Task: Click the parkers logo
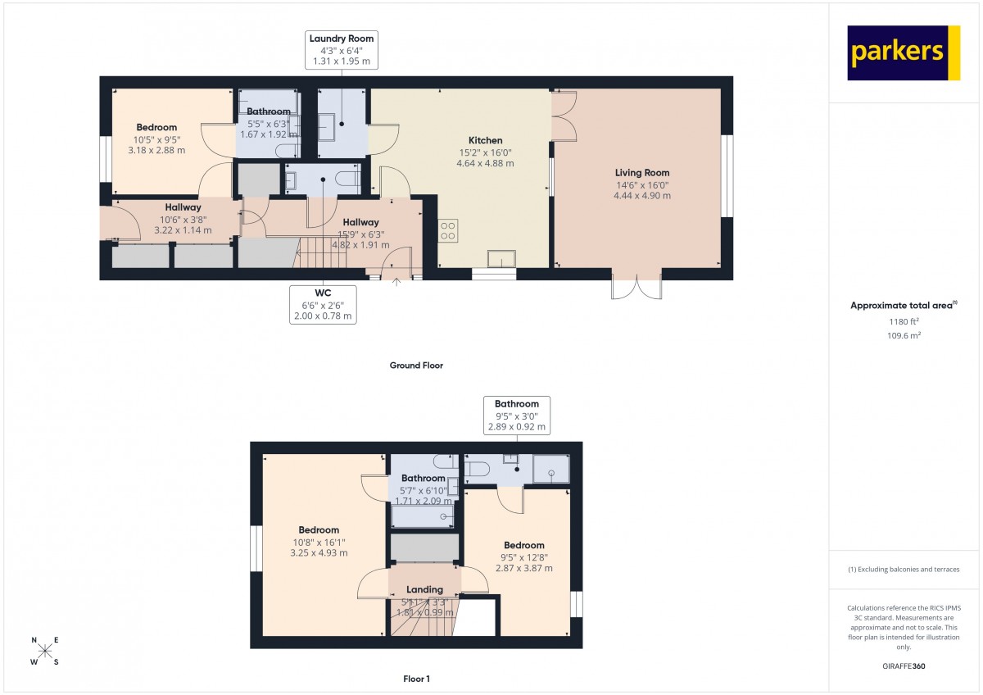pyautogui.click(x=904, y=52)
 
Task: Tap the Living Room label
pyautogui.click(x=642, y=173)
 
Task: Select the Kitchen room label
pyautogui.click(x=485, y=140)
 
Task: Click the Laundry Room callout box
pyautogui.click(x=342, y=50)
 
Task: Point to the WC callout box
pyautogui.click(x=323, y=305)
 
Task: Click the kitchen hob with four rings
pyautogui.click(x=447, y=230)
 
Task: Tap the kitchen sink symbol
pyautogui.click(x=501, y=259)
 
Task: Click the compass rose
pyautogui.click(x=45, y=651)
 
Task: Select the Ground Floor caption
pyautogui.click(x=416, y=366)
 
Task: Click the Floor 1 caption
pyautogui.click(x=416, y=679)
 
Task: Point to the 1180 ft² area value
pyautogui.click(x=904, y=321)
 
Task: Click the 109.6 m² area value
pyautogui.click(x=904, y=335)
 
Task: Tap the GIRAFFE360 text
pyautogui.click(x=904, y=666)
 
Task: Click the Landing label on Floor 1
pyautogui.click(x=424, y=589)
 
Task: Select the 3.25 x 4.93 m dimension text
pyautogui.click(x=319, y=552)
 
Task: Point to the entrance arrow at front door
pyautogui.click(x=396, y=282)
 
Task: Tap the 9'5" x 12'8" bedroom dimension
pyautogui.click(x=524, y=557)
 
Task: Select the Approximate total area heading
pyautogui.click(x=904, y=305)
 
